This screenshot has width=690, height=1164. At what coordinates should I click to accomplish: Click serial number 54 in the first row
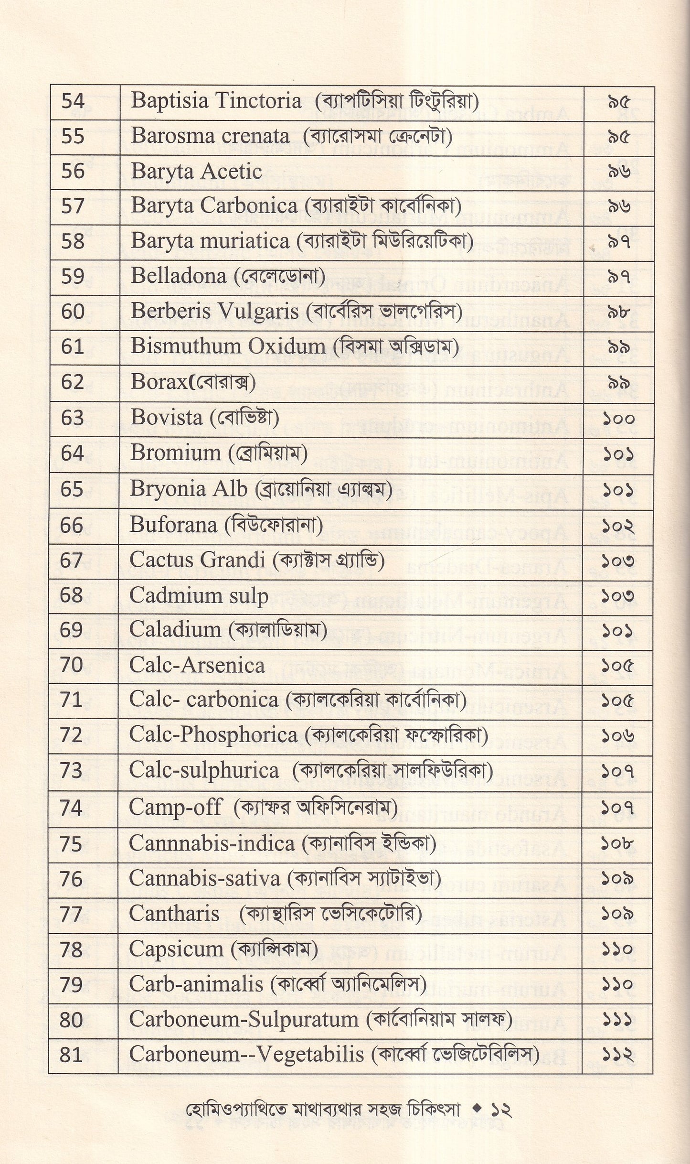(73, 101)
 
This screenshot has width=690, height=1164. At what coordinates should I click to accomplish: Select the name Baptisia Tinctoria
(216, 101)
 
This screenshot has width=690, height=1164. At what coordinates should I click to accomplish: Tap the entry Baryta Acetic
(196, 172)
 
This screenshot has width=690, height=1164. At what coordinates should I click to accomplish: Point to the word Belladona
(178, 276)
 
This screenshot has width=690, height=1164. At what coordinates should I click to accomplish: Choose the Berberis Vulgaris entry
(214, 312)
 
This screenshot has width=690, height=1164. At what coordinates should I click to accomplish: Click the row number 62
(73, 382)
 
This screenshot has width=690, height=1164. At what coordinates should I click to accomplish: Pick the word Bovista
(166, 418)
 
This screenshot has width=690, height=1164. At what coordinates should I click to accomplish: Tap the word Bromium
(175, 453)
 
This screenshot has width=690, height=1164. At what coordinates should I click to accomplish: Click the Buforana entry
(173, 525)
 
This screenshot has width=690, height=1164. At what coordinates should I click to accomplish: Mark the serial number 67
(72, 560)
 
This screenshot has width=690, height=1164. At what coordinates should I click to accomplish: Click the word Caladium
(175, 630)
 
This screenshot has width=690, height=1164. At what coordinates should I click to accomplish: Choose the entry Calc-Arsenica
(197, 665)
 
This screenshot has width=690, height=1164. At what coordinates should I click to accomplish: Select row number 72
(72, 735)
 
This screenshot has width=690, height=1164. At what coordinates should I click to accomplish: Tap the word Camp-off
(175, 808)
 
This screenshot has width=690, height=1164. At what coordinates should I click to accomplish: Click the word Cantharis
(174, 914)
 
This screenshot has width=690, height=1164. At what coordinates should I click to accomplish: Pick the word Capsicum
(176, 949)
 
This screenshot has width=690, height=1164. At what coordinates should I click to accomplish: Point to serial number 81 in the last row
(71, 1055)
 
